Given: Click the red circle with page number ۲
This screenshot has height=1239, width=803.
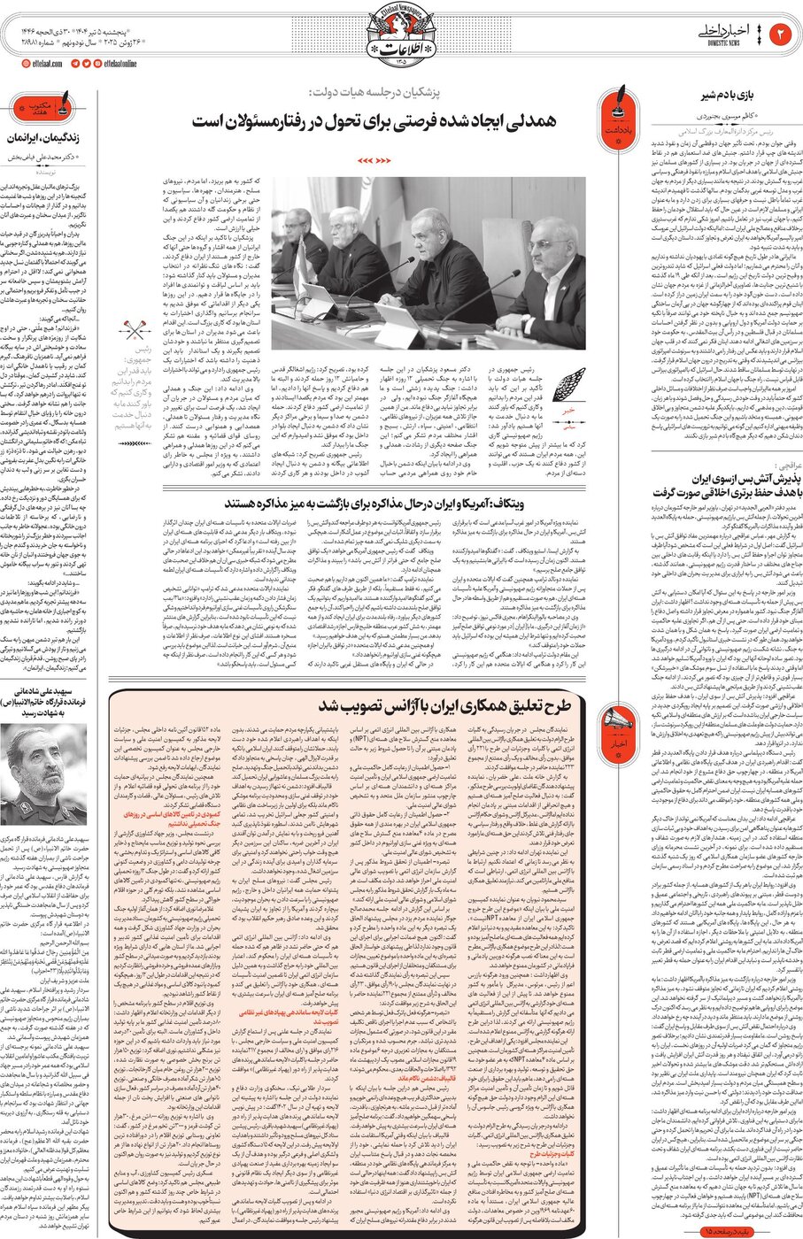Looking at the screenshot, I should [x=783, y=35].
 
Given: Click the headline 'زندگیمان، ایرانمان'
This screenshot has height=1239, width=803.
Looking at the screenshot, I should [x=50, y=138].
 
